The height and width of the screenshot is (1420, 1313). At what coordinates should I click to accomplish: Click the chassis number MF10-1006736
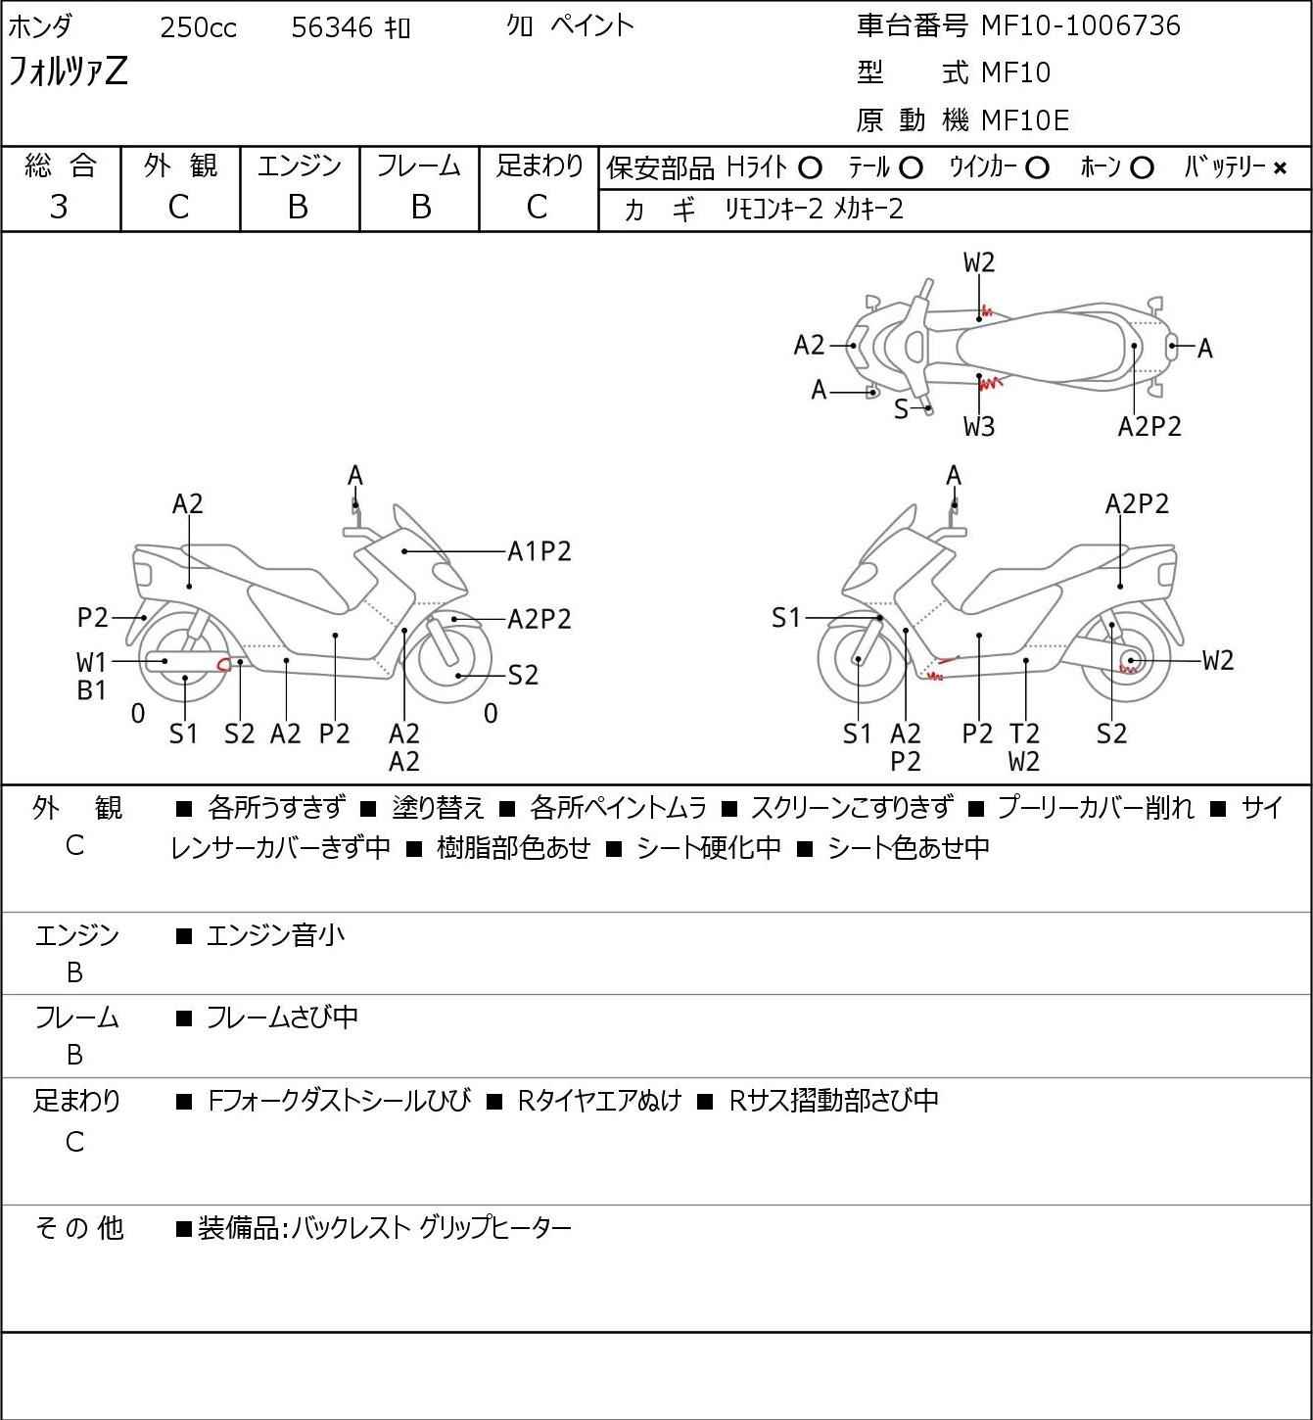(1080, 25)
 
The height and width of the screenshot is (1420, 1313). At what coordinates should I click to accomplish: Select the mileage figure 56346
(332, 28)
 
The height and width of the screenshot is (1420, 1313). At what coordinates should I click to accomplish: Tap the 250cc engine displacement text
(198, 28)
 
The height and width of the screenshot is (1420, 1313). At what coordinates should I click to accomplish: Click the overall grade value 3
(60, 207)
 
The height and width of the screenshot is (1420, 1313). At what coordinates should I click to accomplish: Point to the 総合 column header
(61, 166)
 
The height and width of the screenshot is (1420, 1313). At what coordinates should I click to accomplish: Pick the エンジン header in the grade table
(300, 166)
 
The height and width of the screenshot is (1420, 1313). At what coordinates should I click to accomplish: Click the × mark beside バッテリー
(1280, 168)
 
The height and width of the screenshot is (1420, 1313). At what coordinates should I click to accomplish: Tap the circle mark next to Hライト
(810, 168)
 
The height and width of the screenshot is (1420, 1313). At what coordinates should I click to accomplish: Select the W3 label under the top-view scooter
(979, 426)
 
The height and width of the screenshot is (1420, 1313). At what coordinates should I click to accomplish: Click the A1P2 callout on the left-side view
(539, 552)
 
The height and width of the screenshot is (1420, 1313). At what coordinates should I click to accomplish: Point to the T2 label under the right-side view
(1024, 733)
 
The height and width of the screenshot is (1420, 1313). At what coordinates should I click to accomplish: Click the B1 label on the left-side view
(91, 690)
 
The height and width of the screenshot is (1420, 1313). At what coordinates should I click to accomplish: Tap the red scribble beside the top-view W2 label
(986, 311)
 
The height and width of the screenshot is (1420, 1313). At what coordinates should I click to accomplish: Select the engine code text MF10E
(1024, 120)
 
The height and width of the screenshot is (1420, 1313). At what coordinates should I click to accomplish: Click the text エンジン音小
(275, 936)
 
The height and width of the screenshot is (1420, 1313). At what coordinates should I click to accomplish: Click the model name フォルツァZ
(68, 71)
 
